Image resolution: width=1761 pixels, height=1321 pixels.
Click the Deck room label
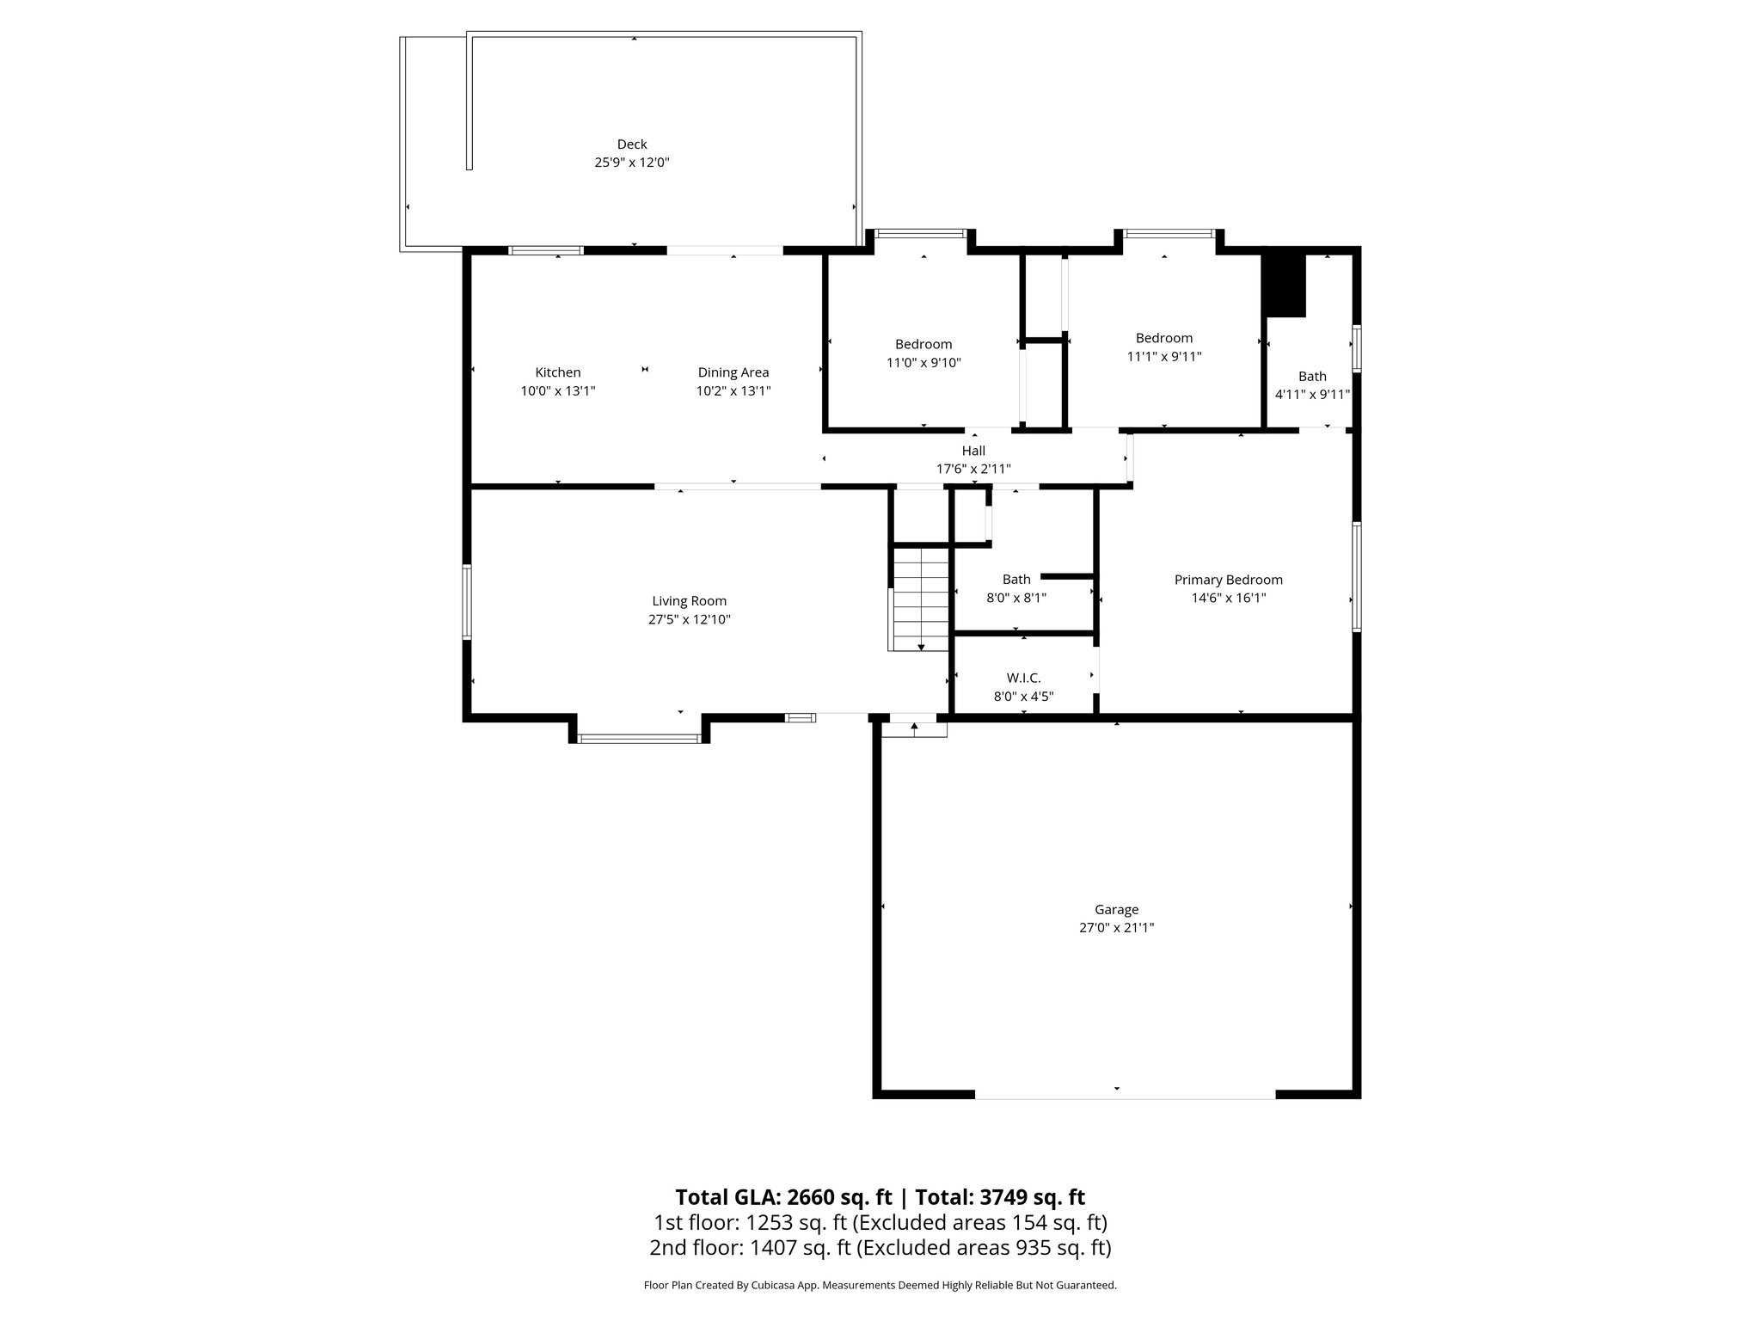(x=632, y=144)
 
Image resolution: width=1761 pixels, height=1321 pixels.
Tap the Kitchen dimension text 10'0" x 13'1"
(x=558, y=391)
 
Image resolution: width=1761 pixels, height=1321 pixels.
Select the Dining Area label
(x=733, y=372)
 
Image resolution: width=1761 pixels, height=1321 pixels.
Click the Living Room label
(x=689, y=601)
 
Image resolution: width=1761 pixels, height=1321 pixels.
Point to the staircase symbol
(x=920, y=599)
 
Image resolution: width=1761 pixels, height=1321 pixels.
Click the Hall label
(x=973, y=451)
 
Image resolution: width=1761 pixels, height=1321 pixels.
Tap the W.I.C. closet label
(x=1023, y=678)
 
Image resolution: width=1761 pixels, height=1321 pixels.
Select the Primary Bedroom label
(x=1228, y=580)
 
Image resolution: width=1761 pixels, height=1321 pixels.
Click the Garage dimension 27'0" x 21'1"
(x=1116, y=928)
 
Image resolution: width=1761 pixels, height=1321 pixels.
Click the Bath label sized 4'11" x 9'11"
(x=1312, y=377)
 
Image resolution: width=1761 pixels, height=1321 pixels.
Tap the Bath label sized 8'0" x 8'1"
(x=1015, y=580)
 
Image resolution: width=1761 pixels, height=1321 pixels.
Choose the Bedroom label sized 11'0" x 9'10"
(x=923, y=344)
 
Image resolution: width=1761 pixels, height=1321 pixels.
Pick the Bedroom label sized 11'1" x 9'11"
(x=1163, y=338)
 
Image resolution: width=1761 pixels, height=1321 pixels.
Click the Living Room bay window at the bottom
(x=639, y=738)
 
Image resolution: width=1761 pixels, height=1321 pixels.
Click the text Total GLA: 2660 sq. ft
(x=784, y=1197)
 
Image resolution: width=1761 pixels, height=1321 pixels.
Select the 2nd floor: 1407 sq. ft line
(x=880, y=1247)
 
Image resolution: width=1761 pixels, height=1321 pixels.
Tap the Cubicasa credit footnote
(x=880, y=1285)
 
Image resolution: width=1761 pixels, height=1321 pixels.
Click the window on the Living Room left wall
(x=467, y=601)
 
